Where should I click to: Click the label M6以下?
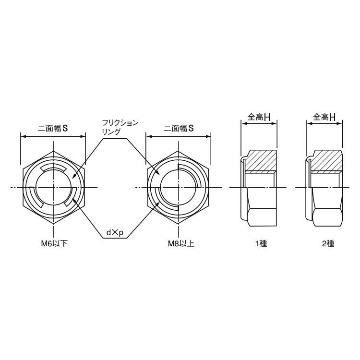(x=54, y=243)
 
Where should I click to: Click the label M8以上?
(x=181, y=243)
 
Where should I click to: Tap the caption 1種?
(x=261, y=243)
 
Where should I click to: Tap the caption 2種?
(x=328, y=243)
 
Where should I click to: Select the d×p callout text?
(x=115, y=233)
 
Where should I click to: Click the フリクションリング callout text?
(x=120, y=127)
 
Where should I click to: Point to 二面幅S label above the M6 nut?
(x=53, y=128)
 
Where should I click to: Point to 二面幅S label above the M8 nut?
(x=179, y=128)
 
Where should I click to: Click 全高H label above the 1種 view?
(x=259, y=117)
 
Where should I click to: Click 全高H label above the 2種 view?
(x=324, y=117)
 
